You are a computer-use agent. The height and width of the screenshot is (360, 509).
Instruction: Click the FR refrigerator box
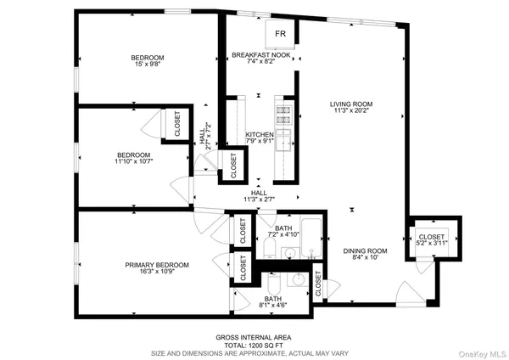tap(280, 35)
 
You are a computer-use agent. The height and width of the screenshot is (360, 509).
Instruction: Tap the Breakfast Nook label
tap(261, 55)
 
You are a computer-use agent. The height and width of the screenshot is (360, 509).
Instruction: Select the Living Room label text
tap(351, 104)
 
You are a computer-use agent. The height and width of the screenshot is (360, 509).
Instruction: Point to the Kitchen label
tap(258, 135)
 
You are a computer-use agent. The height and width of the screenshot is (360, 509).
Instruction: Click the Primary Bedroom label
tap(157, 265)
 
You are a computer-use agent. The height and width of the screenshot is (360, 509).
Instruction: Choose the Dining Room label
tap(365, 250)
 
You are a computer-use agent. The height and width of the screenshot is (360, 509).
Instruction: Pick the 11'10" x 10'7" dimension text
tap(133, 161)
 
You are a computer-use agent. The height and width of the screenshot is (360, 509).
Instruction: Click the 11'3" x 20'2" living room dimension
tap(351, 111)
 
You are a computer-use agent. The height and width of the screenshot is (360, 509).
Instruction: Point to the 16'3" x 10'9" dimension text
tap(157, 273)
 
